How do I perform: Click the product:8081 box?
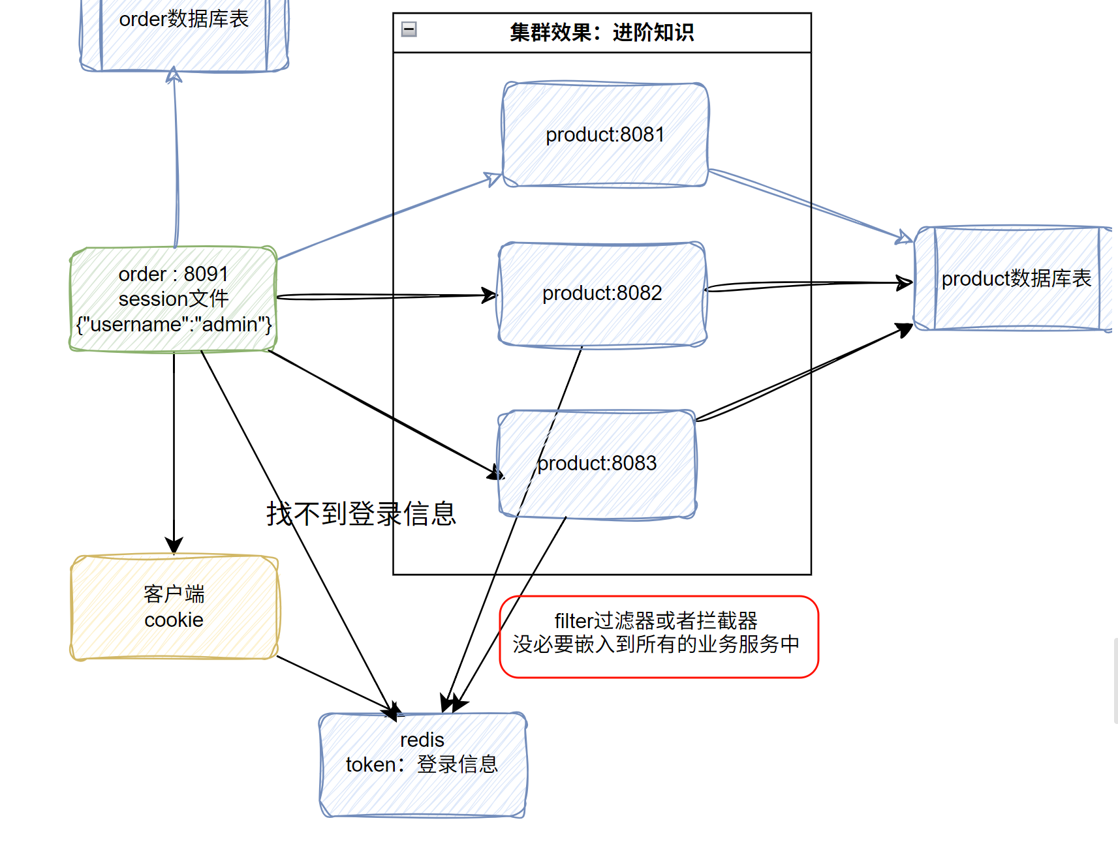click(x=605, y=135)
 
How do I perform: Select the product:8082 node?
click(x=602, y=294)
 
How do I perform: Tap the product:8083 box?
click(x=597, y=464)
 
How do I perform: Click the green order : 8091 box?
click(x=174, y=299)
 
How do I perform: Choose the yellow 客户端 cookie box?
click(x=174, y=607)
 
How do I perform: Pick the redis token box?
click(x=422, y=763)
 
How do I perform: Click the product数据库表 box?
click(x=1016, y=279)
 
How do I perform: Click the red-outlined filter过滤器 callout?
click(x=658, y=636)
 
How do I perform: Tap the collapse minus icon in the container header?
click(x=409, y=29)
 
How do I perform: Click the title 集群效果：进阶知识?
click(x=601, y=32)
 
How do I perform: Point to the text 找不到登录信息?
click(x=360, y=514)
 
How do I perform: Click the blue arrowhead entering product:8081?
click(x=493, y=179)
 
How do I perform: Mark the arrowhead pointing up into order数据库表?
click(x=174, y=76)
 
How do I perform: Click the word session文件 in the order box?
click(x=174, y=299)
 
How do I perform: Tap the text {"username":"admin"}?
click(x=174, y=324)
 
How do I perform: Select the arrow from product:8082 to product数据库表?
click(x=809, y=284)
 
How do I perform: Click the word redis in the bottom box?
click(x=422, y=740)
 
